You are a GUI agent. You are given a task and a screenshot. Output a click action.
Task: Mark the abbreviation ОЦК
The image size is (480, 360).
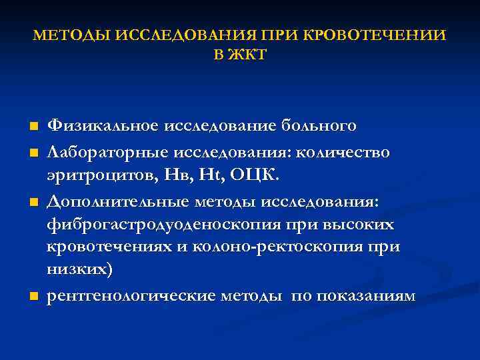(253, 176)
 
